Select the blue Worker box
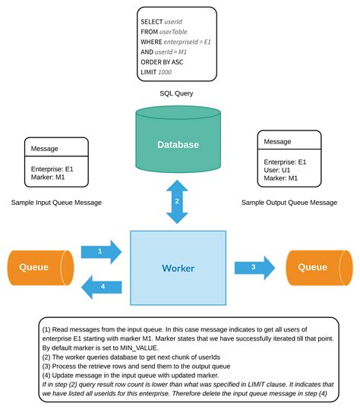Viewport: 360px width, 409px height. [x=178, y=268]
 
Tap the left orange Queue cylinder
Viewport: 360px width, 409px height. [x=38, y=267]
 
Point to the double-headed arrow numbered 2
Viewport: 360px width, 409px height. [x=178, y=201]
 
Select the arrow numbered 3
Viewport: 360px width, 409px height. [x=254, y=267]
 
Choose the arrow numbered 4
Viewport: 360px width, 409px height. [x=103, y=286]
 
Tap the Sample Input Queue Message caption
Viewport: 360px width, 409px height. [x=57, y=203]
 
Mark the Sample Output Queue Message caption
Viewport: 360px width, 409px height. [x=289, y=203]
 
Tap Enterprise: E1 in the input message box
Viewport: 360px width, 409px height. [x=52, y=168]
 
